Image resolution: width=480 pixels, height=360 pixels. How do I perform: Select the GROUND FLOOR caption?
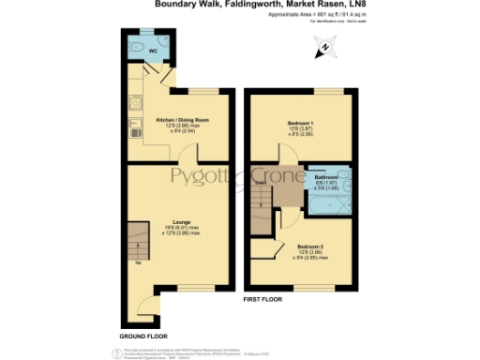pyautogui.click(x=143, y=335)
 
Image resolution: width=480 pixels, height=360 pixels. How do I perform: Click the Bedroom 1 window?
pyautogui.click(x=302, y=89)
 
